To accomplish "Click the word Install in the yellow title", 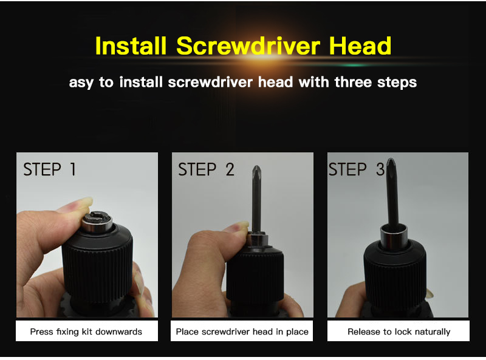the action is pyautogui.click(x=131, y=46).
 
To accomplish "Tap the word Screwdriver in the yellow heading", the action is pyautogui.click(x=248, y=46).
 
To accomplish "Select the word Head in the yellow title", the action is pyautogui.click(x=360, y=46).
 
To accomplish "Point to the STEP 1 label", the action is pyautogui.click(x=50, y=169).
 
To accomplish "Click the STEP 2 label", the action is pyautogui.click(x=206, y=169).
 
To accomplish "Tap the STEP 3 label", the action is pyautogui.click(x=357, y=169).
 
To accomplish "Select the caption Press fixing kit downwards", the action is pyautogui.click(x=86, y=332).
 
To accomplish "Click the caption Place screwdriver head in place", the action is pyautogui.click(x=242, y=332).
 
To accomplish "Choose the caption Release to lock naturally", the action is pyautogui.click(x=399, y=332).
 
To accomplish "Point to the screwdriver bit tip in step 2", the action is pyautogui.click(x=256, y=168).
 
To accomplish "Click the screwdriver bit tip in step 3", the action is pyautogui.click(x=391, y=161).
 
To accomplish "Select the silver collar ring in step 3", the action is pyautogui.click(x=394, y=236).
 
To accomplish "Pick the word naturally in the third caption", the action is pyautogui.click(x=433, y=332).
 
